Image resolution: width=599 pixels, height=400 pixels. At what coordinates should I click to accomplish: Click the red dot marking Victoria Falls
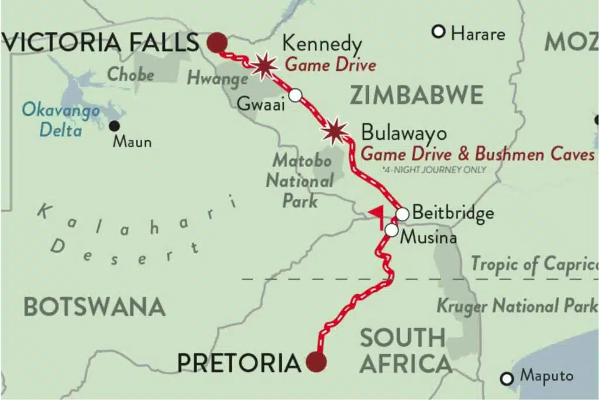tap(216, 42)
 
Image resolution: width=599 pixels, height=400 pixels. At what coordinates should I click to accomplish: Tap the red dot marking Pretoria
tap(316, 362)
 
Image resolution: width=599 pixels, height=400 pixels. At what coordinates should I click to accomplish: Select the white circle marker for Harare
tap(438, 32)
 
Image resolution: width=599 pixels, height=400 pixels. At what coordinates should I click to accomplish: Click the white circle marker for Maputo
tap(507, 378)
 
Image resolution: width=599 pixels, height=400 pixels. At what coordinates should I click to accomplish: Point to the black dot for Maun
tap(115, 126)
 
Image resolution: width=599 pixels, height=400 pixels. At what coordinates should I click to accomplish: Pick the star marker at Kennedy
tap(264, 65)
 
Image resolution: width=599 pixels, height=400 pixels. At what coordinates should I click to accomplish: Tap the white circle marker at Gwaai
tap(296, 95)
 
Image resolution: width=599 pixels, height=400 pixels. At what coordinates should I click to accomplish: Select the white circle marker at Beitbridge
tap(402, 214)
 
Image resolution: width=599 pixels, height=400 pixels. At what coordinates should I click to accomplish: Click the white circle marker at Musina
tap(391, 230)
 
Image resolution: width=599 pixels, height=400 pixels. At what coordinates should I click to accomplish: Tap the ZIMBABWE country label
tap(416, 95)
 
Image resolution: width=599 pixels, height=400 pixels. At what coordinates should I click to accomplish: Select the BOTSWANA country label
tap(94, 306)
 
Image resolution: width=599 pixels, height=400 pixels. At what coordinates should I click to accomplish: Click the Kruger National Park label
tap(517, 305)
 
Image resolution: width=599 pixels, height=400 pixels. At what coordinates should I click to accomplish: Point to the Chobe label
tap(130, 75)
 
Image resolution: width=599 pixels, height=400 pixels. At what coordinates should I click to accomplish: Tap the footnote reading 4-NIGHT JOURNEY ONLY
tap(433, 170)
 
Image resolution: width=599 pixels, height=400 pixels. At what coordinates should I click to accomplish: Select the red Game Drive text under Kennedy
tap(330, 65)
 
